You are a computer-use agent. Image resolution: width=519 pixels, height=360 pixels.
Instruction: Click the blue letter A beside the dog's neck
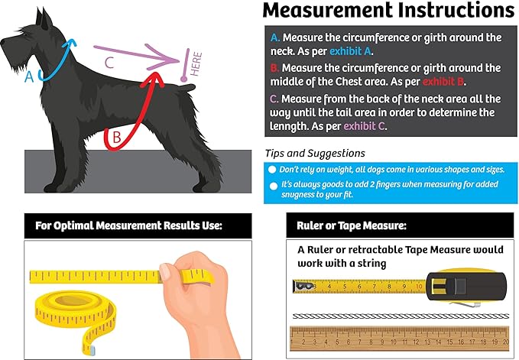tap(30, 76)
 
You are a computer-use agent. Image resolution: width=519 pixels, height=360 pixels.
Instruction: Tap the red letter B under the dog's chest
tap(116, 137)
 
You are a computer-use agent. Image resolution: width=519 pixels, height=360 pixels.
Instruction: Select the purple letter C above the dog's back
tap(109, 62)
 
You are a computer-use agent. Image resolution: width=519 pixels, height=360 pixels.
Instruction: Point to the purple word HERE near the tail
tap(196, 64)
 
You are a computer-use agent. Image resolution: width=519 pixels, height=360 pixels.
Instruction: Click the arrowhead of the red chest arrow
tap(153, 79)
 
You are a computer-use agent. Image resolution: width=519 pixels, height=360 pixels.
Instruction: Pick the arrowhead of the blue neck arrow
tap(71, 43)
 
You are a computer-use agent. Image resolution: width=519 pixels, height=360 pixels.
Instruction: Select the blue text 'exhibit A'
tap(350, 51)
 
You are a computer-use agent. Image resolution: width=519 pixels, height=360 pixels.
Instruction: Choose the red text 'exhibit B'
tap(443, 81)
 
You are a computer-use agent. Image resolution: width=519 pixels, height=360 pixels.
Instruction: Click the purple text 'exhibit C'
tap(364, 126)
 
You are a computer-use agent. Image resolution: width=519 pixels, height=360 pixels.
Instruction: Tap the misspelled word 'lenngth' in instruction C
tap(287, 126)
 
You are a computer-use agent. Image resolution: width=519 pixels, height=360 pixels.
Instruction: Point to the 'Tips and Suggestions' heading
tap(315, 153)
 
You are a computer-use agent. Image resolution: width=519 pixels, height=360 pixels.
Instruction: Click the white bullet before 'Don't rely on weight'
tap(272, 170)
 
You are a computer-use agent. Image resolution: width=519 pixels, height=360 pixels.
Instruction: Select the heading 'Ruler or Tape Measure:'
tap(352, 225)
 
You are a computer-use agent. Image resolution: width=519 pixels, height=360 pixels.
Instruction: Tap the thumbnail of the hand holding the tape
tap(165, 272)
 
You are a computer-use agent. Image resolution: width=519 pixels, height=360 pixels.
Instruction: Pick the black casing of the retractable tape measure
tap(466, 286)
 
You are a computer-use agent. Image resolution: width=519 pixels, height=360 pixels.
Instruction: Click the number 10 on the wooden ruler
tap(394, 342)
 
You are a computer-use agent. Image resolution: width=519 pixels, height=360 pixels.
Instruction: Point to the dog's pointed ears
tap(44, 18)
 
